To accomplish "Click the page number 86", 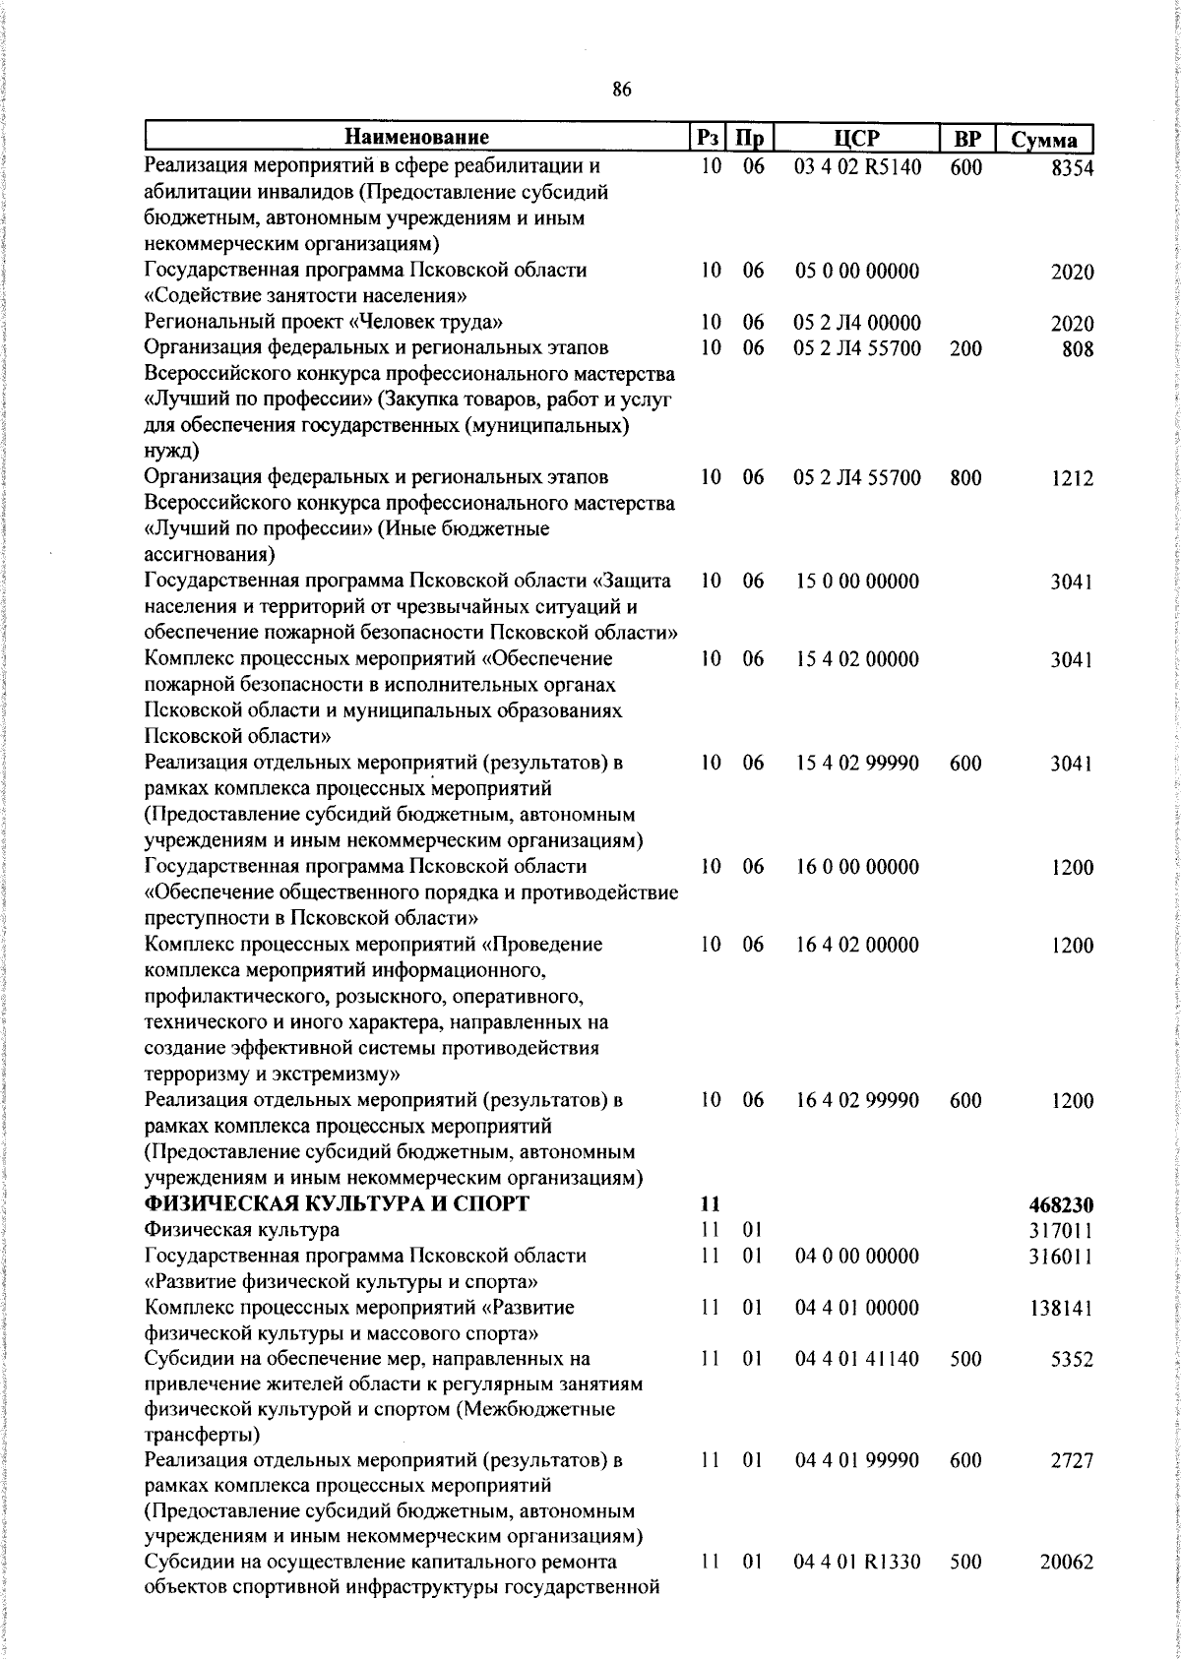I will coord(621,90).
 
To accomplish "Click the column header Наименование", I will coord(416,137).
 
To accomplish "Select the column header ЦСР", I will coord(857,138).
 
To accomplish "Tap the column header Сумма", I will coord(1044,140).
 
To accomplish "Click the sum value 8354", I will coord(1073,168).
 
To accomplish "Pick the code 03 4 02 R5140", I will coord(857,167).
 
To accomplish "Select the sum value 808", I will coord(1078,349).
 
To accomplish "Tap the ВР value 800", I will coord(965,478).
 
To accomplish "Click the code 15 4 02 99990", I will coord(857,763).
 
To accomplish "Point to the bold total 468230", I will coord(1062,1205).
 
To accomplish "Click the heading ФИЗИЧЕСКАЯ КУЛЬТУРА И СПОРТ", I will coord(337,1204).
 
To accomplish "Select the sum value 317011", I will coord(1062,1231).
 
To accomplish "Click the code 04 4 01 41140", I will coord(857,1359).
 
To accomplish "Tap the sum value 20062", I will coord(1067,1563).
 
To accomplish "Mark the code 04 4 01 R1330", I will coord(857,1562).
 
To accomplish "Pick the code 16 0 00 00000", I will coord(857,867).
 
